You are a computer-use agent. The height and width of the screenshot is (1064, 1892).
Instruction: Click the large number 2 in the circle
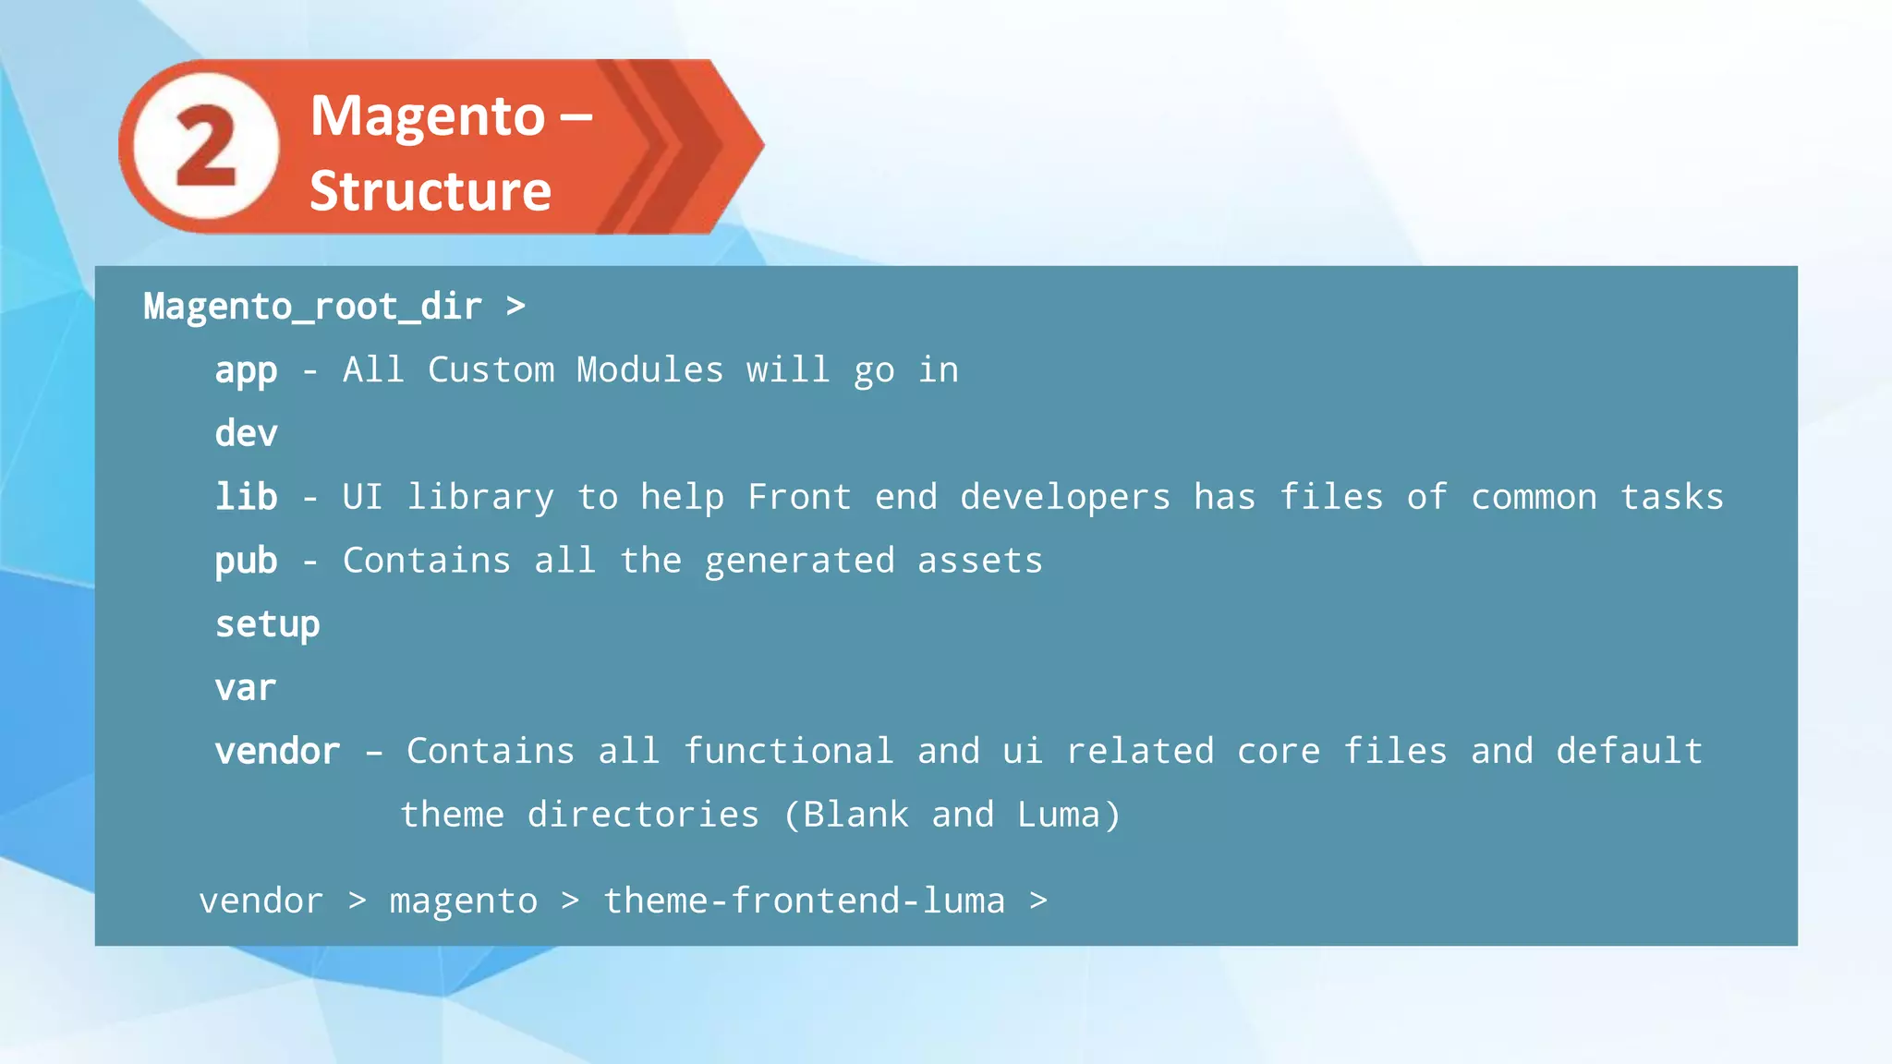205,146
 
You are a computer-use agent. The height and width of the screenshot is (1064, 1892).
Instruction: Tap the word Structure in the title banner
430,191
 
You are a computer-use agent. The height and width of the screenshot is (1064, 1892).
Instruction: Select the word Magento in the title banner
428,116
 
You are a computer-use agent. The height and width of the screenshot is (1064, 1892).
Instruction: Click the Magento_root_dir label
312,307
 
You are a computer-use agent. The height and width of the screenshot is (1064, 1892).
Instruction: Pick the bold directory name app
246,371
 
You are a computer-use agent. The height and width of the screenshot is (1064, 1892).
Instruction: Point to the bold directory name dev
246,433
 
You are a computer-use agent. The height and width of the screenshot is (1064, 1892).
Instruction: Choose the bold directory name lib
246,497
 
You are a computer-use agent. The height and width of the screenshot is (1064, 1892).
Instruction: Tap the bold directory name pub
246,561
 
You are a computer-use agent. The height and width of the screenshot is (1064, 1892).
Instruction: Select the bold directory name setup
267,625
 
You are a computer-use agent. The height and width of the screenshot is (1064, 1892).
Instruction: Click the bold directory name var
245,689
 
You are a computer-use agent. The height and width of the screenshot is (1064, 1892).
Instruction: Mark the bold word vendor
277,752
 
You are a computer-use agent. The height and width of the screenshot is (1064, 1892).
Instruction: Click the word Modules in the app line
649,370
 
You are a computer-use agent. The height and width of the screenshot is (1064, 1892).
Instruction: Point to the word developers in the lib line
1064,498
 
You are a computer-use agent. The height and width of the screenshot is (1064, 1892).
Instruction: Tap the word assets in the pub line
979,561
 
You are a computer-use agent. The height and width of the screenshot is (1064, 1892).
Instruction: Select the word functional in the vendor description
788,751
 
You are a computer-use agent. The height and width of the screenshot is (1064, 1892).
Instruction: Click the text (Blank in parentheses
845,815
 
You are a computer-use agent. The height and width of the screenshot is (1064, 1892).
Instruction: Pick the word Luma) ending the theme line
1069,815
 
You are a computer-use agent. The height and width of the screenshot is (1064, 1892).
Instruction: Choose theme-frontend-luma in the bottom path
804,901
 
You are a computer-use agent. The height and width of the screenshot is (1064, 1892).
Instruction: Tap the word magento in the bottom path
463,901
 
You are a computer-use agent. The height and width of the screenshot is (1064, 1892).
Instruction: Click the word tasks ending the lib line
1671,498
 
